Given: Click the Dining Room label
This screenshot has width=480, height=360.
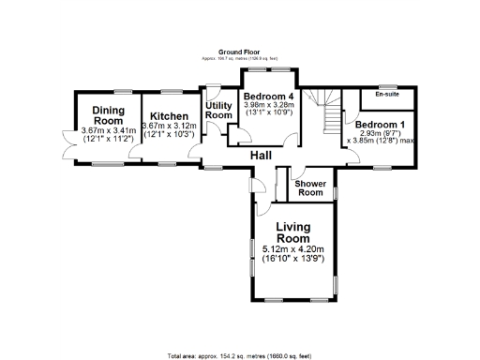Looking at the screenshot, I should click(108, 116).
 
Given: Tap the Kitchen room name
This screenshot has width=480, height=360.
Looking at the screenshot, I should click(169, 119).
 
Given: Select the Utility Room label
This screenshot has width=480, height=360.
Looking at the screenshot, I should click(217, 109).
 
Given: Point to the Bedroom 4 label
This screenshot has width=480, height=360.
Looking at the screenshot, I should click(268, 96).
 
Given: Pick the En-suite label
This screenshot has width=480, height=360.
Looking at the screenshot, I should click(385, 95).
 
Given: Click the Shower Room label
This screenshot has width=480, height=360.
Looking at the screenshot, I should click(310, 188).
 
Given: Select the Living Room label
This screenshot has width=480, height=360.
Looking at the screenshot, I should click(293, 232).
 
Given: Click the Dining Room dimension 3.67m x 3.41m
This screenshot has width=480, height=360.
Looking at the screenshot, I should click(108, 130).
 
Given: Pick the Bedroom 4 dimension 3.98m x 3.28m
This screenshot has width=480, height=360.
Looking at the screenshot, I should click(269, 105).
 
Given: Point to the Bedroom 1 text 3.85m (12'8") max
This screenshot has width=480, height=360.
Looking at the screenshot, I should click(380, 142).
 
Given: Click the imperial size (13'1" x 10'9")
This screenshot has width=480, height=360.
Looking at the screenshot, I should click(269, 114).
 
